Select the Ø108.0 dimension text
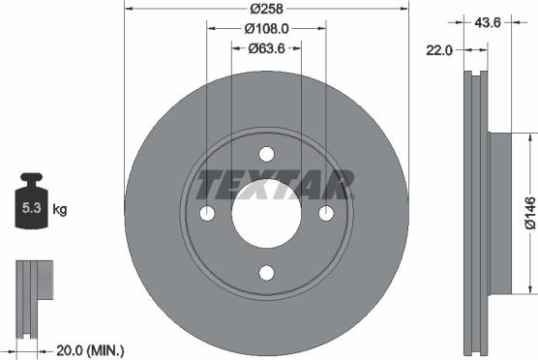pyautogui.click(x=266, y=28)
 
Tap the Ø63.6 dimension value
pyautogui.click(x=266, y=47)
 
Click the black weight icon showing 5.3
pyautogui.click(x=30, y=205)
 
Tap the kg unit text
pyautogui.click(x=60, y=209)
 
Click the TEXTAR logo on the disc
pyautogui.click(x=275, y=183)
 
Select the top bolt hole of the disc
pyautogui.click(x=266, y=153)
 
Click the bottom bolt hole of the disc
pyautogui.click(x=266, y=273)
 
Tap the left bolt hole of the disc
pyautogui.click(x=206, y=213)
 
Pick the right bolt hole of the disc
pyautogui.click(x=326, y=213)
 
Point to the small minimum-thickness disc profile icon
pyautogui.click(x=35, y=285)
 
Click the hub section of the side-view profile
pyautogui.click(x=499, y=212)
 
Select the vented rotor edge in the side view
pyautogui.click(x=473, y=212)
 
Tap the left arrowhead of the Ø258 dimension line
pyautogui.click(x=129, y=10)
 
